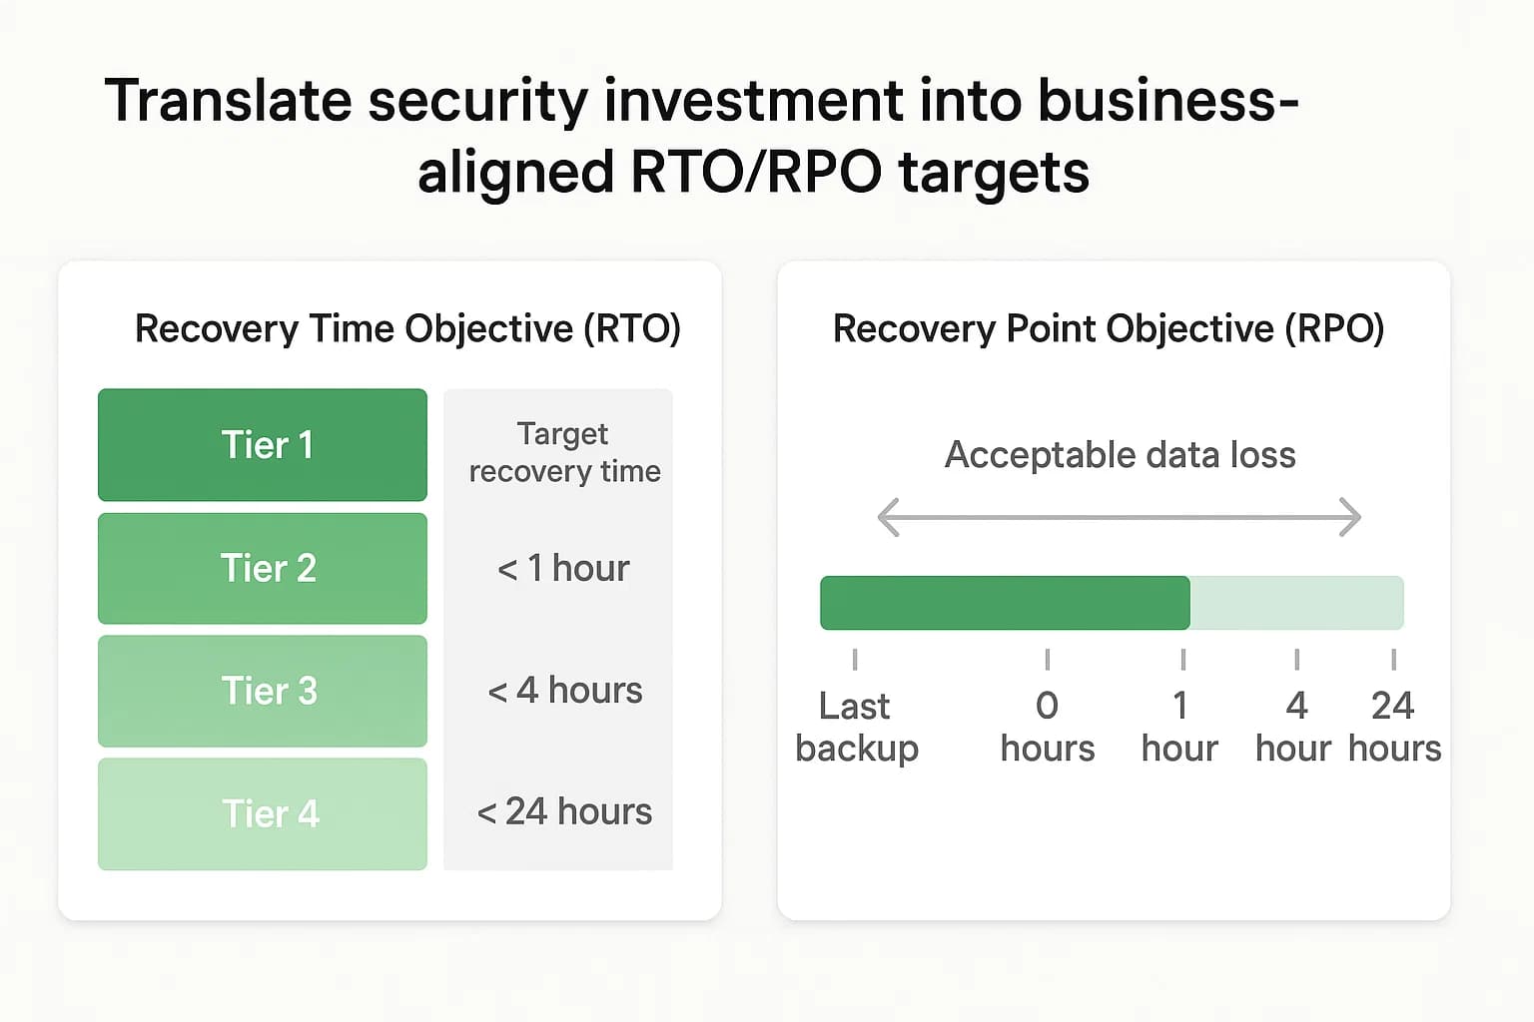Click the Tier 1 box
[263, 445]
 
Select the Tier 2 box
[263, 569]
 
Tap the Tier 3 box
[263, 691]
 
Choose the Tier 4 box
[263, 813]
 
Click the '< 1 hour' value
[563, 569]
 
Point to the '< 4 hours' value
[564, 691]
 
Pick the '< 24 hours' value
[564, 812]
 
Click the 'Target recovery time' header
[564, 452]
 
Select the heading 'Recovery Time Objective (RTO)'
[407, 328]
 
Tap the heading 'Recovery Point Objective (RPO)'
[1109, 328]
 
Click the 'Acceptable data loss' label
[1120, 455]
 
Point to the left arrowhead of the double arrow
[887, 517]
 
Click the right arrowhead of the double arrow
[1351, 517]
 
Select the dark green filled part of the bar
[1004, 603]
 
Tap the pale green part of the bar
[1296, 603]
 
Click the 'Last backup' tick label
[856, 727]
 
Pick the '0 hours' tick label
[1047, 727]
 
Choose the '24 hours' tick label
[1394, 727]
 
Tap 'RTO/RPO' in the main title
[755, 172]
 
